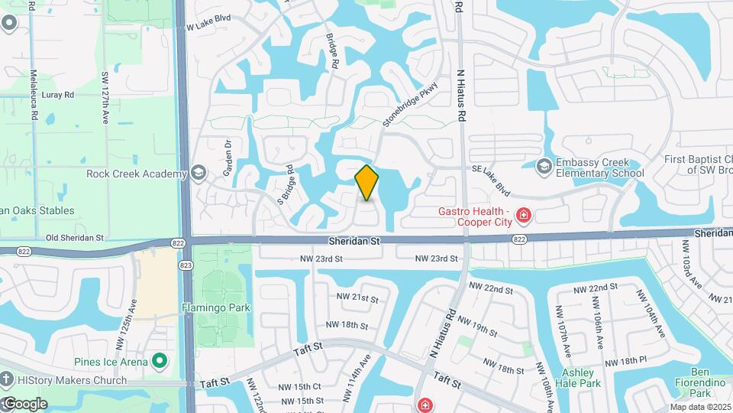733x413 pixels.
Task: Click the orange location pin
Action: pos(366,182)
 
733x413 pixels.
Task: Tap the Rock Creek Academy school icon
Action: pos(199,174)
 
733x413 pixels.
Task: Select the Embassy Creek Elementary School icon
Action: pos(544,166)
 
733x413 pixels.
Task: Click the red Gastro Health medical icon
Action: pos(523,216)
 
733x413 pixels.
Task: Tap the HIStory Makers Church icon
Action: pos(6,380)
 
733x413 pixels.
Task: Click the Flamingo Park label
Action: pos(215,308)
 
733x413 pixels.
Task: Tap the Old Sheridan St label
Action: pos(73,238)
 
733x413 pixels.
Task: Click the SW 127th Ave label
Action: pos(105,98)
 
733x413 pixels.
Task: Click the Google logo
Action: pos(24,403)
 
